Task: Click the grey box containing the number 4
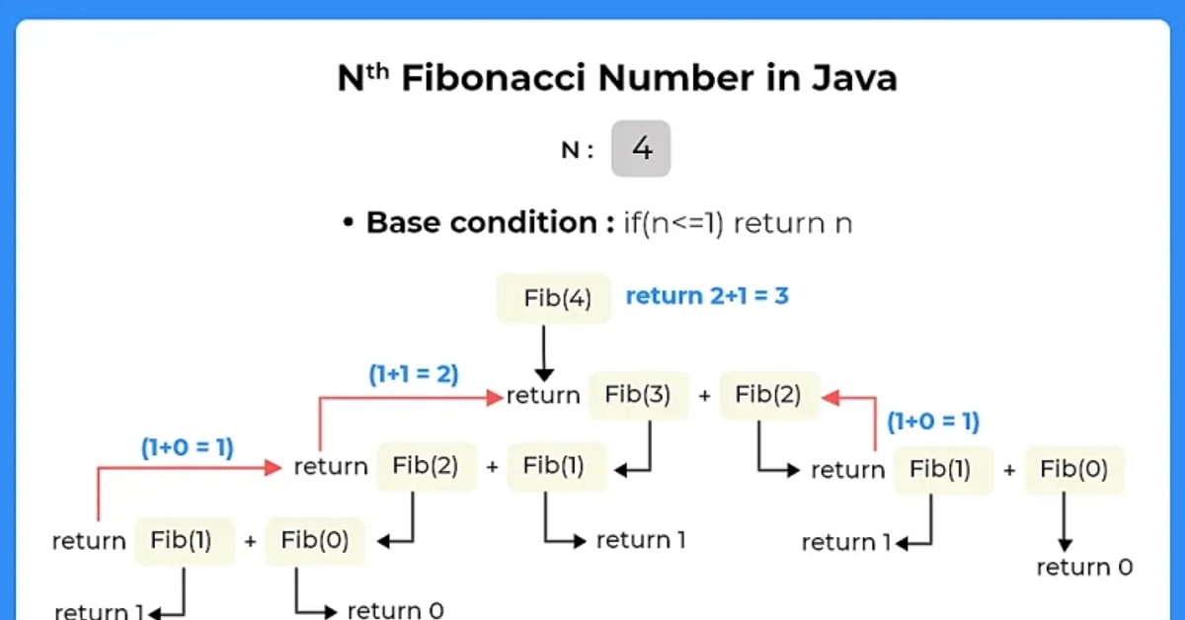641,149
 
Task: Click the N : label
578,151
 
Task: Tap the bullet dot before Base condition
348,223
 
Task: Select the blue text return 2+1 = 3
707,295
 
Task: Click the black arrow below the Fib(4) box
543,354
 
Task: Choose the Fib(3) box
638,395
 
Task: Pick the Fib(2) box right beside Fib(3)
768,395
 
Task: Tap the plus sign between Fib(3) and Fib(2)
704,396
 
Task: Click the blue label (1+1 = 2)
414,374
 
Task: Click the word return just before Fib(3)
543,396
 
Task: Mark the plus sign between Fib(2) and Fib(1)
492,467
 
